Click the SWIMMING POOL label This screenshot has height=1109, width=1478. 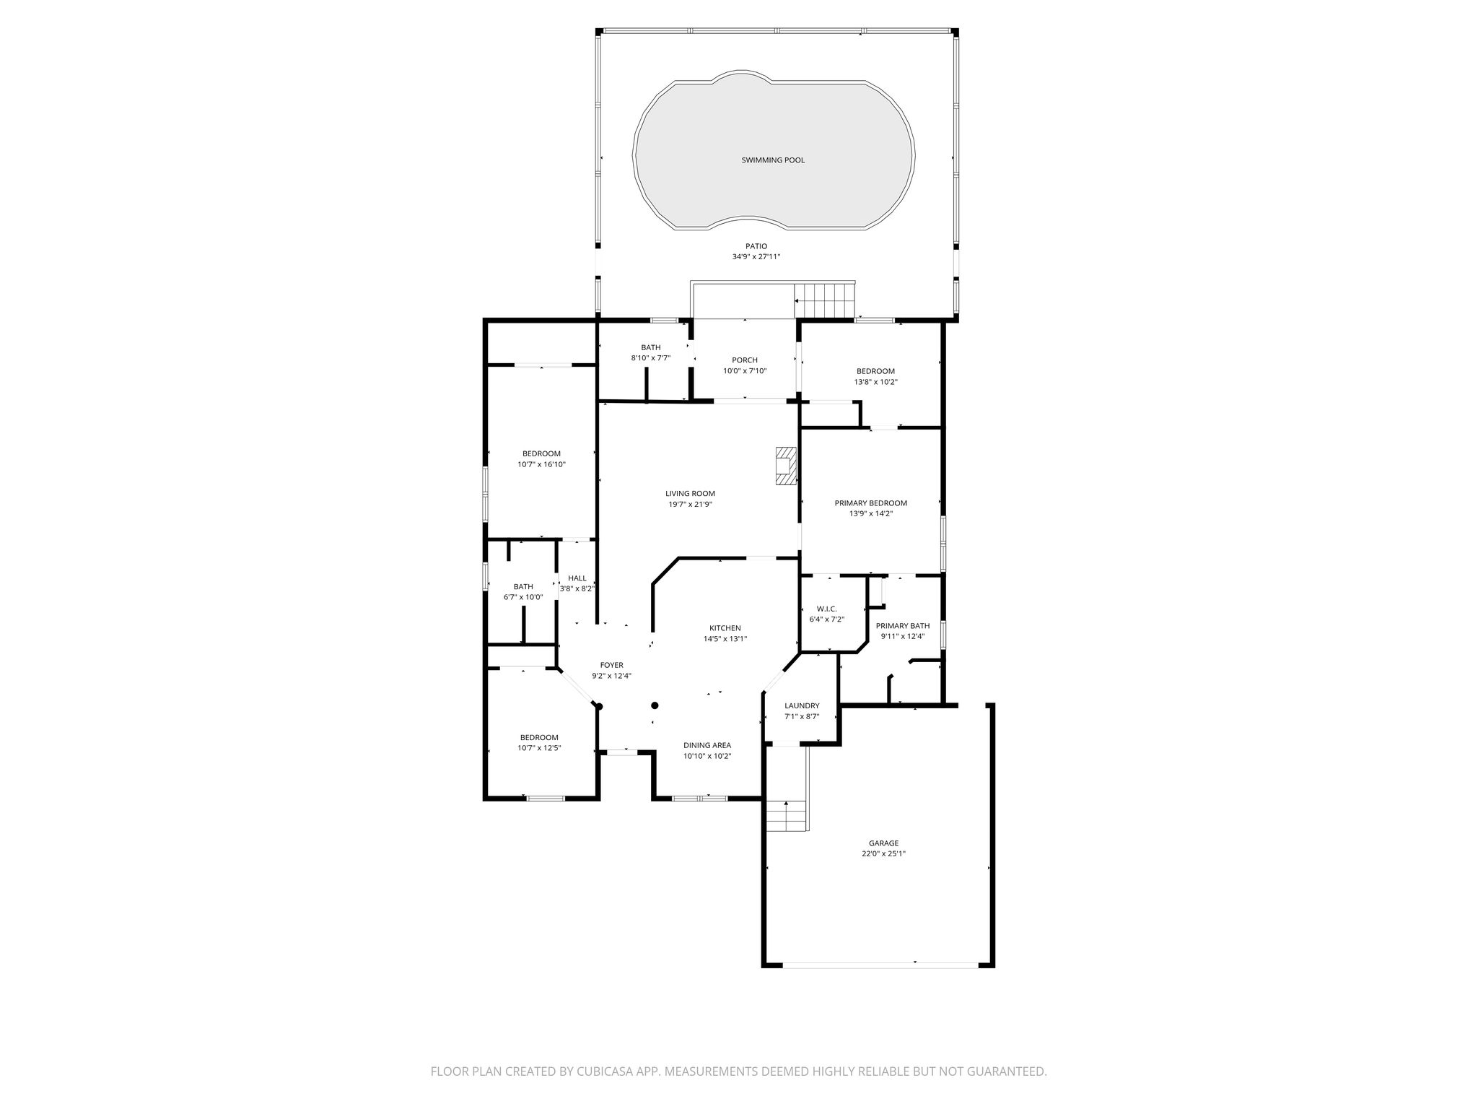point(773,160)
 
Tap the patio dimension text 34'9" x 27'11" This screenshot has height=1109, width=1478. point(756,257)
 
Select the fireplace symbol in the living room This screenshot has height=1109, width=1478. point(786,466)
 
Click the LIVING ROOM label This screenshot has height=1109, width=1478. point(690,494)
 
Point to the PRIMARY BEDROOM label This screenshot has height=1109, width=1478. point(870,503)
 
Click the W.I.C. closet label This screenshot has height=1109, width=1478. point(826,609)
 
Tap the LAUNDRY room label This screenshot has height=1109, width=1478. point(802,706)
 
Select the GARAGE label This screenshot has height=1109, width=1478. point(883,843)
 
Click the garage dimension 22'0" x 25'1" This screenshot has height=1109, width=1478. point(883,853)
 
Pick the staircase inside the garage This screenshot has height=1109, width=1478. point(786,816)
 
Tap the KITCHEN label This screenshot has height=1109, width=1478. point(725,628)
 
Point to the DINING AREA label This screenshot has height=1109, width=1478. point(707,745)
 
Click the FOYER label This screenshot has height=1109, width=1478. point(611,666)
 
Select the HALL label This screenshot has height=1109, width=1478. point(577,578)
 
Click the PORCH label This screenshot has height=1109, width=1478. point(745,360)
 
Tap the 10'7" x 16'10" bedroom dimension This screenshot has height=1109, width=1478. point(541,464)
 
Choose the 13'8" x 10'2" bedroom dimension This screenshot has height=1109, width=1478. point(875,382)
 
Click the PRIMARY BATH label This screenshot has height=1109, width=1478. point(903,626)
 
